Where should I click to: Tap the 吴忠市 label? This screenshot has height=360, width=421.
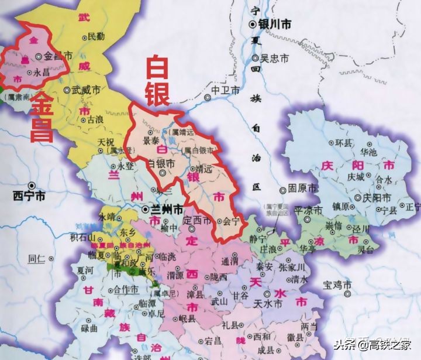click(x=275, y=58)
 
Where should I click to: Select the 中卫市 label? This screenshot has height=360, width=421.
click(x=226, y=90)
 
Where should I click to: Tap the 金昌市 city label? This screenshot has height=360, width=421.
click(x=58, y=56)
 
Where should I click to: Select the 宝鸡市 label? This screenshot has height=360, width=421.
click(x=339, y=285)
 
